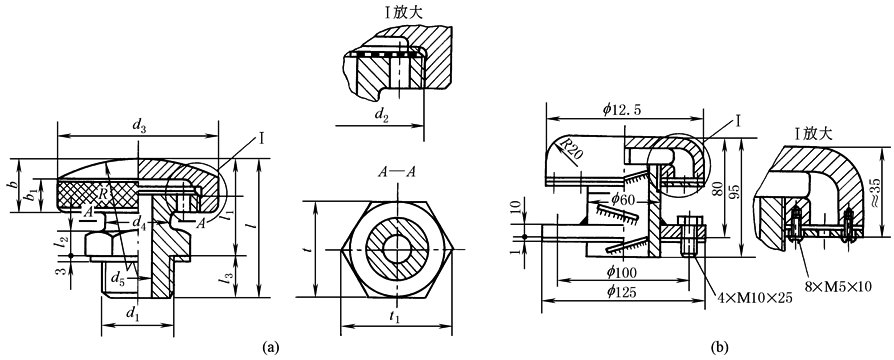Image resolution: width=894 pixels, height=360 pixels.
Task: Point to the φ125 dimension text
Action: click(x=622, y=292)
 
